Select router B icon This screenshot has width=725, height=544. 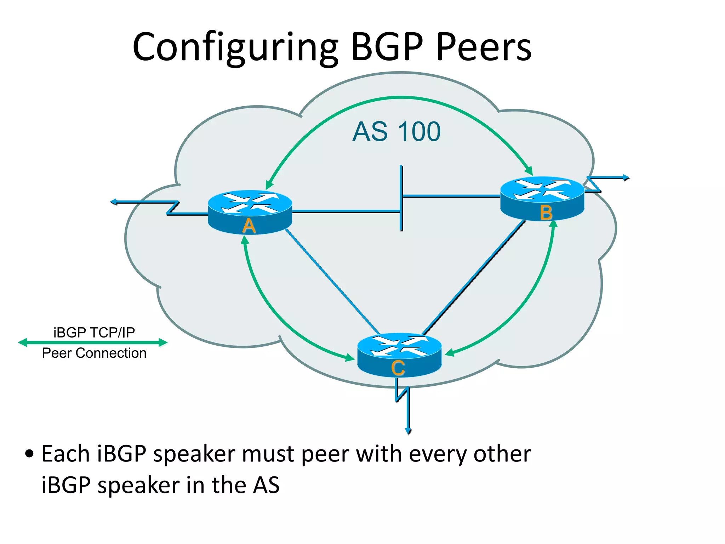click(542, 195)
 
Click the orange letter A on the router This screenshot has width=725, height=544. click(249, 226)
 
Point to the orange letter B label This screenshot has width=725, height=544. click(546, 213)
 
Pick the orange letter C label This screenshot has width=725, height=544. click(398, 368)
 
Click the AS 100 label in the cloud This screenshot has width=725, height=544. click(396, 132)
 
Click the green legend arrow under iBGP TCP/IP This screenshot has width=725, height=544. click(92, 342)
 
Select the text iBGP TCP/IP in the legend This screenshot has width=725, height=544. click(94, 332)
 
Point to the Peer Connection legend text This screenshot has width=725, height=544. click(94, 353)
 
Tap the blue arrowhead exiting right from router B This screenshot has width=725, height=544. click(626, 177)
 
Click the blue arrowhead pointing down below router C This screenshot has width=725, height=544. click(408, 431)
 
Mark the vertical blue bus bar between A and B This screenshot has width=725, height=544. click(401, 198)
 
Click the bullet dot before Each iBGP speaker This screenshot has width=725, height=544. click(29, 454)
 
